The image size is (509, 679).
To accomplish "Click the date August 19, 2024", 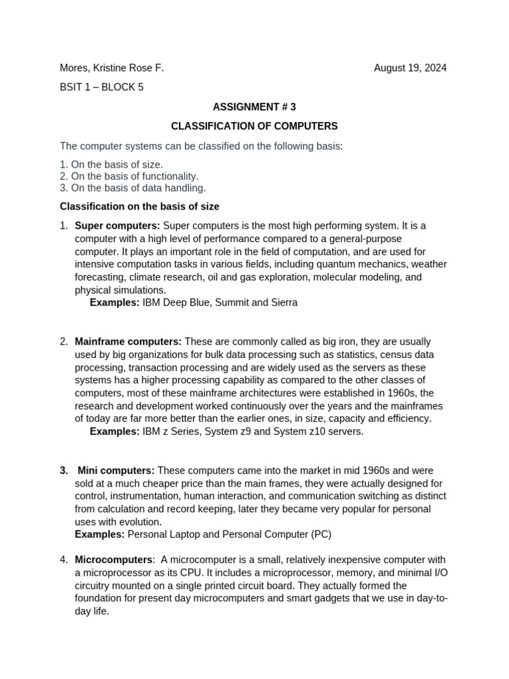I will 410,68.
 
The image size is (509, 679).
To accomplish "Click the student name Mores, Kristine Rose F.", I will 111,68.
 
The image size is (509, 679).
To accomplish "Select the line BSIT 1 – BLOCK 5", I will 101,87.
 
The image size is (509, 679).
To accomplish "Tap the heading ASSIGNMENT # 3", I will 254,107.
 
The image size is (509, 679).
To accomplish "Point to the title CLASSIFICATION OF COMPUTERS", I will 254,126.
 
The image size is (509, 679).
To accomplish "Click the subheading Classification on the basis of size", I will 139,207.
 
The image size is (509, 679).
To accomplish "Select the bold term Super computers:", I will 117,226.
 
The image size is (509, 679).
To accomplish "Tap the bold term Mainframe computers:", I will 128,342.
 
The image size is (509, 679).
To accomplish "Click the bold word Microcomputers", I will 113,560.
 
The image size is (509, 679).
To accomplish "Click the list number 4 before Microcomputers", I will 64,560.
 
